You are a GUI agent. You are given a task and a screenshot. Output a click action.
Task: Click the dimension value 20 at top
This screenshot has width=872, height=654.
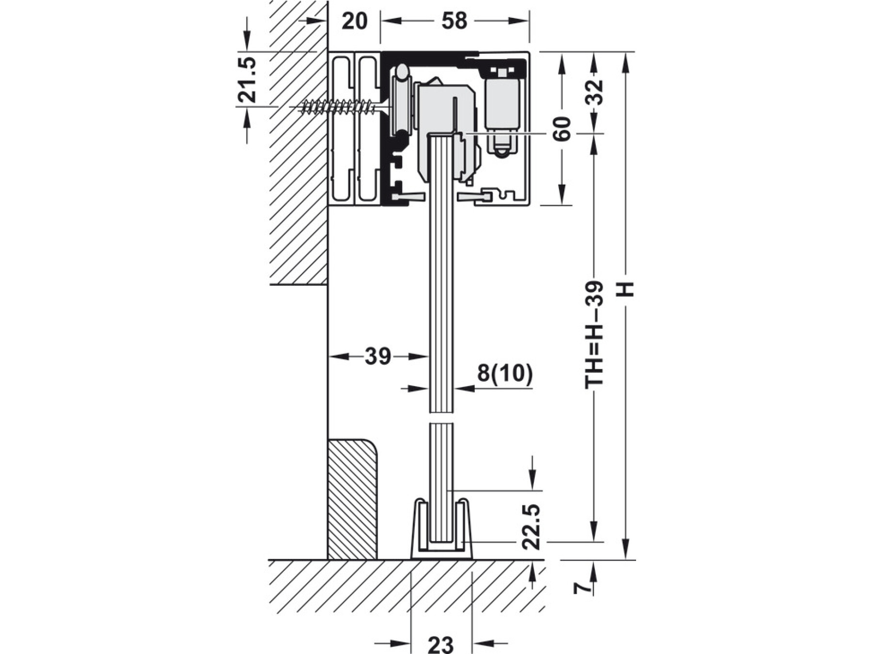355,21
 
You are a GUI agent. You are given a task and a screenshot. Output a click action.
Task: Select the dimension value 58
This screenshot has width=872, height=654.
454,21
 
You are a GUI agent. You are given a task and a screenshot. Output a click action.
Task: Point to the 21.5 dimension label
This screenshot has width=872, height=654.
247,80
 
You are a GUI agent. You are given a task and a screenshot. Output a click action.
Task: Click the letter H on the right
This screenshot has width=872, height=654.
627,289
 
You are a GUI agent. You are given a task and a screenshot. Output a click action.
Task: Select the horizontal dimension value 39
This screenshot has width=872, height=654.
377,357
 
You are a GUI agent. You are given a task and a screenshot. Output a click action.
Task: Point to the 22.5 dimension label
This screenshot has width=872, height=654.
531,527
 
